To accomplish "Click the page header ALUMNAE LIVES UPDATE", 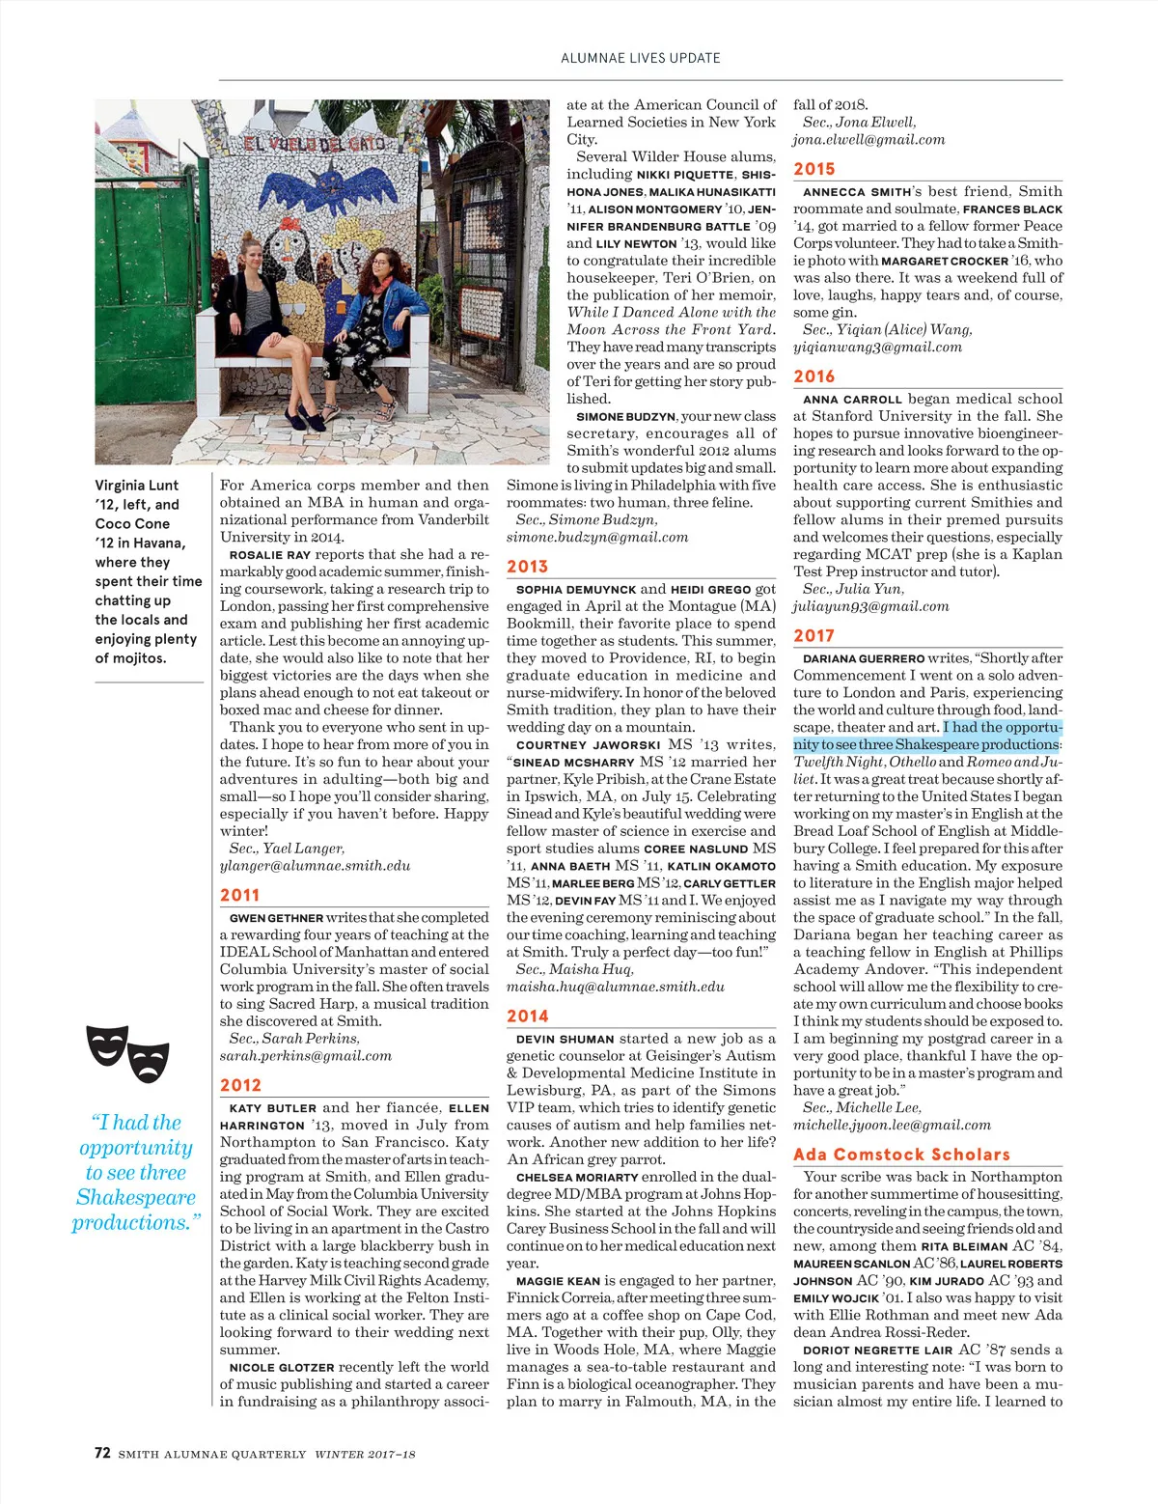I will click(x=640, y=58).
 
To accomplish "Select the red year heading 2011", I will click(x=240, y=895).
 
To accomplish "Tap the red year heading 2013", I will click(x=527, y=567).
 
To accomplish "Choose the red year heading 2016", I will click(x=813, y=376).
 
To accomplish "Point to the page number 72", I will click(x=102, y=1453).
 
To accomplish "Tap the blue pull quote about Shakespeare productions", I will click(x=135, y=1172).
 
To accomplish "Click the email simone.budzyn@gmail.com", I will click(x=597, y=537).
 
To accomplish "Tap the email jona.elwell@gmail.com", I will click(x=868, y=139).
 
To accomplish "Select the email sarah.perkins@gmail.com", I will click(x=305, y=1056).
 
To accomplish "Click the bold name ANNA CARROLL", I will click(x=852, y=399).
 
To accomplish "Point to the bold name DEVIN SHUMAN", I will click(x=565, y=1039).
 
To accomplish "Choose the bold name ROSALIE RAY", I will click(x=269, y=555).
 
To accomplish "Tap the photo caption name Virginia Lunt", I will click(x=136, y=486).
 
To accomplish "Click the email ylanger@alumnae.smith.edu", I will click(x=315, y=866).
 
